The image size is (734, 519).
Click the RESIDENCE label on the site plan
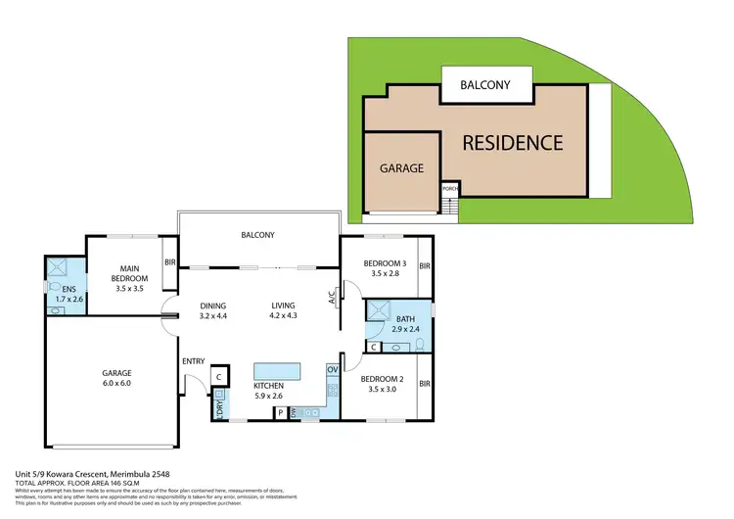pyautogui.click(x=512, y=143)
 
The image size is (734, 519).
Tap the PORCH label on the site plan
pyautogui.click(x=450, y=188)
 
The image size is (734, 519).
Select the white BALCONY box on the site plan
pyautogui.click(x=485, y=85)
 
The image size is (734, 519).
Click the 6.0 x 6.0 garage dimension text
pyautogui.click(x=116, y=385)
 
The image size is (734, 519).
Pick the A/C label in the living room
pyautogui.click(x=333, y=295)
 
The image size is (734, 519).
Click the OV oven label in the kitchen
pyautogui.click(x=332, y=369)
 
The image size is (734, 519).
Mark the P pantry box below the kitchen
pyautogui.click(x=280, y=413)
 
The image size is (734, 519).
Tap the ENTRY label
pyautogui.click(x=193, y=361)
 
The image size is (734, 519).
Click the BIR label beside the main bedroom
pyautogui.click(x=169, y=262)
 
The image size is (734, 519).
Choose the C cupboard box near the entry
pyautogui.click(x=219, y=375)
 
